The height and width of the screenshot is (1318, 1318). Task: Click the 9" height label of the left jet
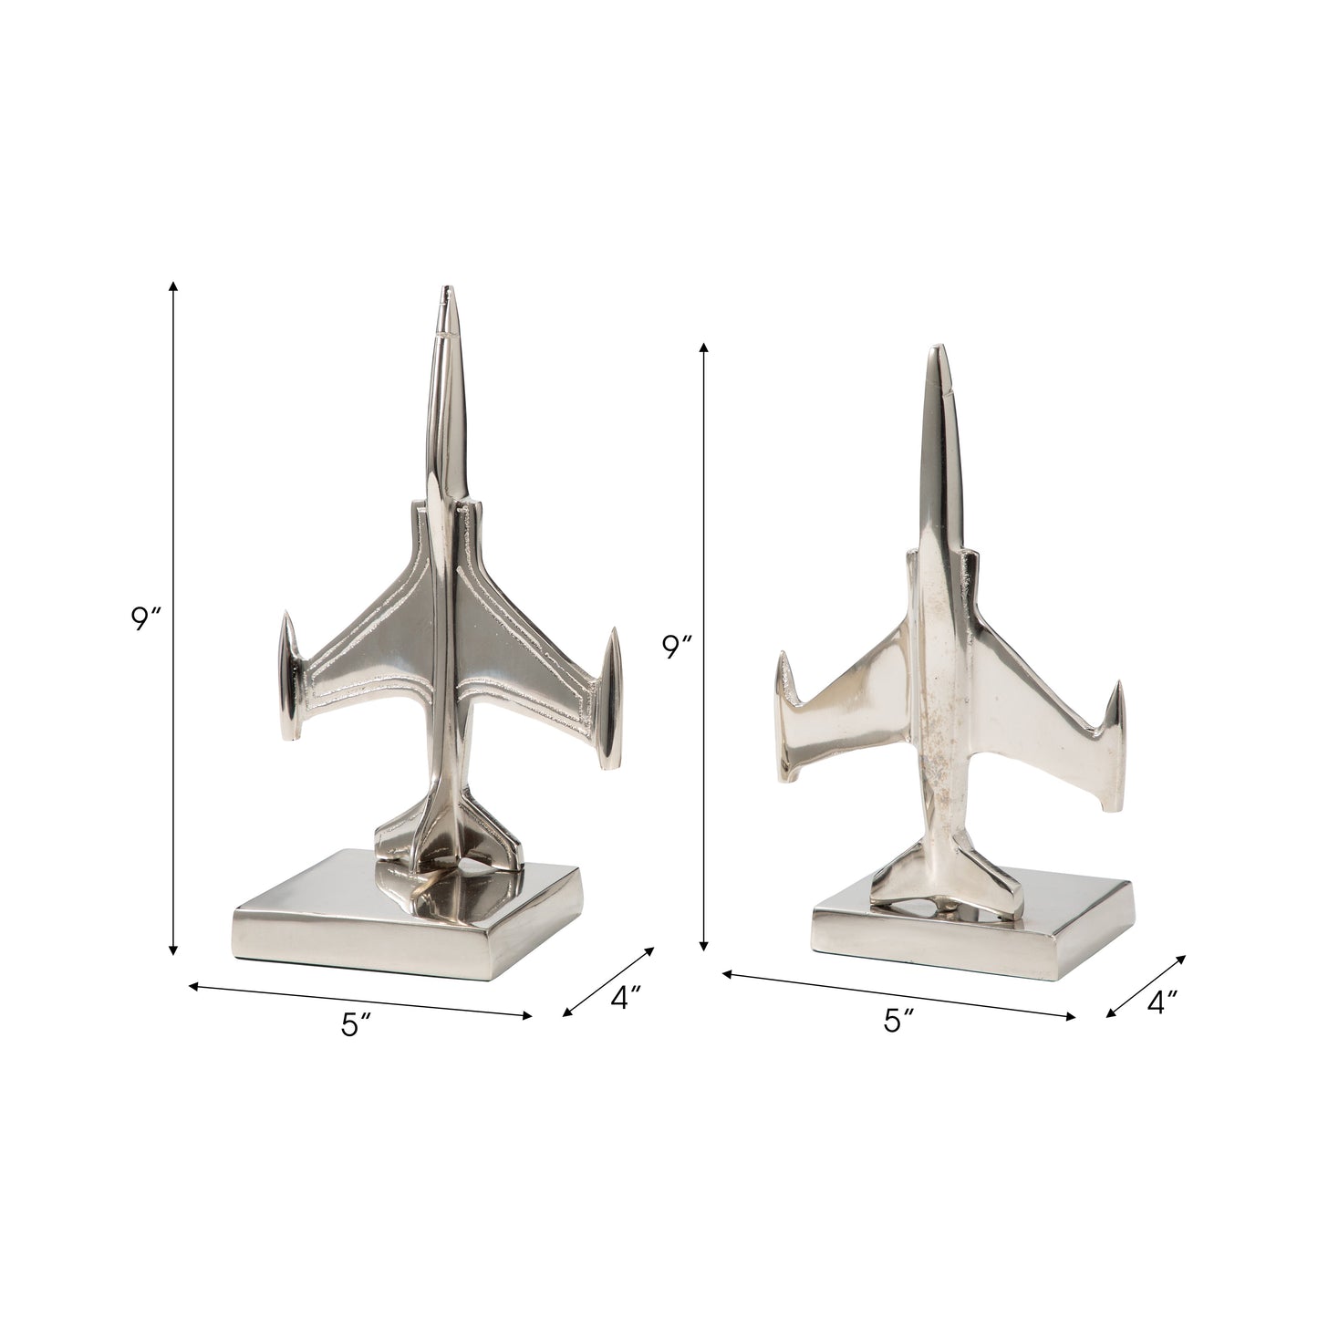pyautogui.click(x=145, y=619)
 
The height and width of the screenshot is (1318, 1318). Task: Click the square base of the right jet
pyautogui.click(x=967, y=939)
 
